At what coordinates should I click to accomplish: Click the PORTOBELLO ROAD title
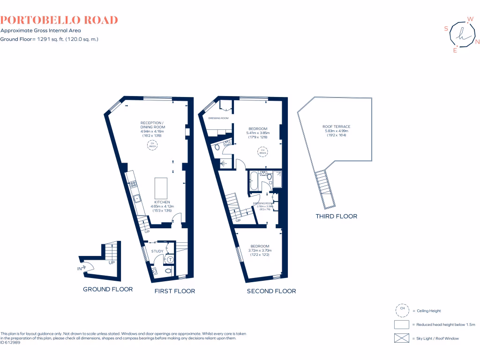click(59, 20)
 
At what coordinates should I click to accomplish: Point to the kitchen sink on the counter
click(137, 198)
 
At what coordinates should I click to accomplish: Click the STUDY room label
click(157, 251)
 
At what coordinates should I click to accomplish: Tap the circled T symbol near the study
click(170, 259)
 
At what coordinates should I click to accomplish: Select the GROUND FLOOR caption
click(108, 289)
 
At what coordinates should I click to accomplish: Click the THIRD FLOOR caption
click(337, 216)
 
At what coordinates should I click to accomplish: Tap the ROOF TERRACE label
click(336, 127)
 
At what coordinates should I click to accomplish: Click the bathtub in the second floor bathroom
click(253, 182)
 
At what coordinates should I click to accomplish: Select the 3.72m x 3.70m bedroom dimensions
click(260, 251)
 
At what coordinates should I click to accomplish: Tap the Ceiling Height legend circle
click(402, 310)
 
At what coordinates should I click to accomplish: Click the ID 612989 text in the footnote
click(10, 343)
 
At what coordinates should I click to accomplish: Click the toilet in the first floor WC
click(169, 271)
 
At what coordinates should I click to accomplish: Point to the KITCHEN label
click(162, 202)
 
